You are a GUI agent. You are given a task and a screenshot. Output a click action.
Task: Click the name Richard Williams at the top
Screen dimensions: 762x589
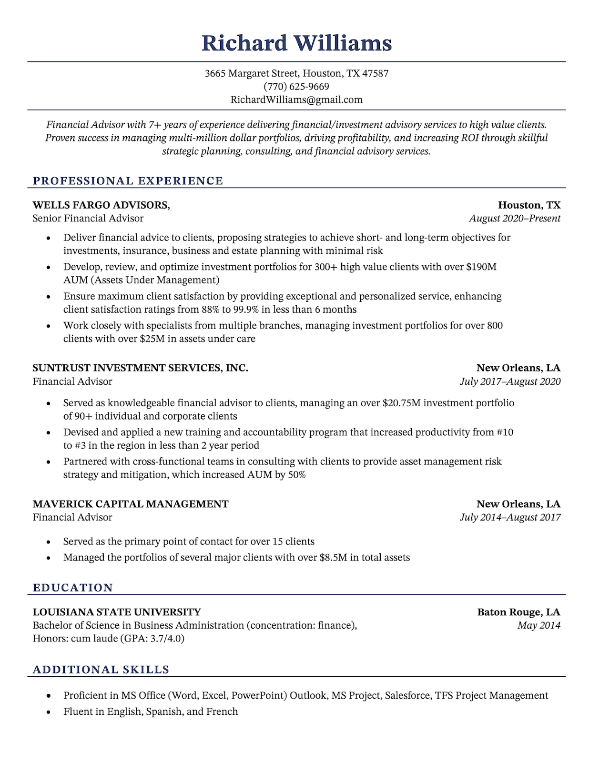296,43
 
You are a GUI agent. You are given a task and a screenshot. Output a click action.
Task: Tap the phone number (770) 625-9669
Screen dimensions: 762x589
296,87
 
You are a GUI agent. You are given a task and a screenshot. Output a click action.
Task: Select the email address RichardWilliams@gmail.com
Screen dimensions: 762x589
296,100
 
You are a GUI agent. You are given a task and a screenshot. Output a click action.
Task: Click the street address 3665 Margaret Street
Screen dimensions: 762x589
252,73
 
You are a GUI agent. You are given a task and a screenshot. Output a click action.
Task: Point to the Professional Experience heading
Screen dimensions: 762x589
128,181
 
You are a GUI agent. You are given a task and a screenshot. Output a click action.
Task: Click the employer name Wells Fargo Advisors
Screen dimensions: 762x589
101,205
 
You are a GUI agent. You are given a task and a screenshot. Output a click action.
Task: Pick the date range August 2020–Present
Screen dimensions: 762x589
515,219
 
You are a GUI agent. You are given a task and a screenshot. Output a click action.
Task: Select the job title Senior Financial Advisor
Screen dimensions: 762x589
88,219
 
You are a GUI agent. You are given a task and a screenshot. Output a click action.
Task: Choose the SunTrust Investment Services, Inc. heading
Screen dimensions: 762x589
141,368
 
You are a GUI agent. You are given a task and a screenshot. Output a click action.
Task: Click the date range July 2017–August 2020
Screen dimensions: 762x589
510,381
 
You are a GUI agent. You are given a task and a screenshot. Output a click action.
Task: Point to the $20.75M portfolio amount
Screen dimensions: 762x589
402,403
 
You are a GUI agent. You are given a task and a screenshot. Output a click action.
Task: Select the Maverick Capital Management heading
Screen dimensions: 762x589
131,504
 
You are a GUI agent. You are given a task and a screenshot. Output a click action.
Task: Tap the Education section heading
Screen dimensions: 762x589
73,588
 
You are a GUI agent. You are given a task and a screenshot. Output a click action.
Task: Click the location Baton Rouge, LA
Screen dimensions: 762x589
518,612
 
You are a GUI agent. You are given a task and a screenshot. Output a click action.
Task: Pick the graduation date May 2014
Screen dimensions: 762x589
538,625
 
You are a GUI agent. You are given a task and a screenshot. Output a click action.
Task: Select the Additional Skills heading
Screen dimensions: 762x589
101,670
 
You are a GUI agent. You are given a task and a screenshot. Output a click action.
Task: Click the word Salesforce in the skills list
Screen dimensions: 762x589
407,695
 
